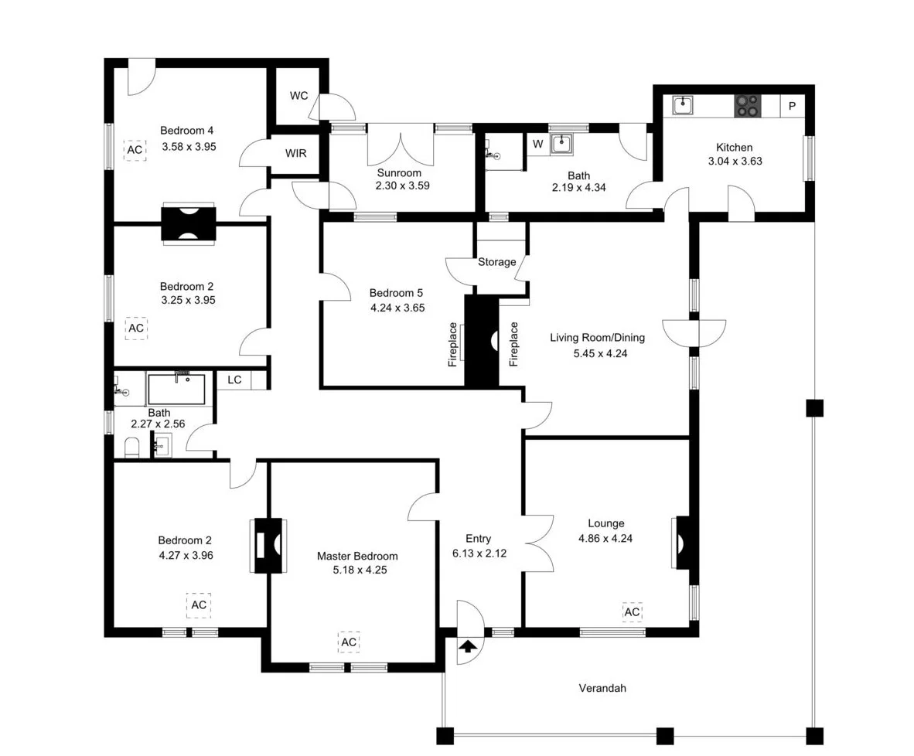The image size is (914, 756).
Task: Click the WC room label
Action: pos(298,96)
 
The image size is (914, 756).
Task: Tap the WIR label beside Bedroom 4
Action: pos(295,153)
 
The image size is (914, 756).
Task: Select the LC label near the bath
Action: pos(234,380)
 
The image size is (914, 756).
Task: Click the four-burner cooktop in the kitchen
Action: pos(747,105)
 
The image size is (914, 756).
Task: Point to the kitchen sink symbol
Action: pos(682,104)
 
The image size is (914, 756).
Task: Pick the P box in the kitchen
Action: pos(791,105)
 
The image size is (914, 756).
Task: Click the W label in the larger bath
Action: pos(537,143)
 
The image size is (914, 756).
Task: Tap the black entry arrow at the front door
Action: pos(468,646)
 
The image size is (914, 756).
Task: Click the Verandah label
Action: pos(602,688)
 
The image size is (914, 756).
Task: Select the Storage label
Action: pos(496,262)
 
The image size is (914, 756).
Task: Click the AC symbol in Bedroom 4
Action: pos(135,149)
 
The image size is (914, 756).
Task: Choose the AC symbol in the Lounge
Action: pos(632,612)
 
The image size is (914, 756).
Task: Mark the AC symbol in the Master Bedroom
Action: pos(349,642)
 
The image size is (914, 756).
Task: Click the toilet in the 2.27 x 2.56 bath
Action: pos(131,448)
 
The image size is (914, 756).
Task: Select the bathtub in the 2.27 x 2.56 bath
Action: pos(176,389)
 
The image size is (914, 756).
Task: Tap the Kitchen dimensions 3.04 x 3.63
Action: pos(735,162)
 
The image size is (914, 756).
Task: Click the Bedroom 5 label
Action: pos(396,293)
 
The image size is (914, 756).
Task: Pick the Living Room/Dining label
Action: pos(597,337)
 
